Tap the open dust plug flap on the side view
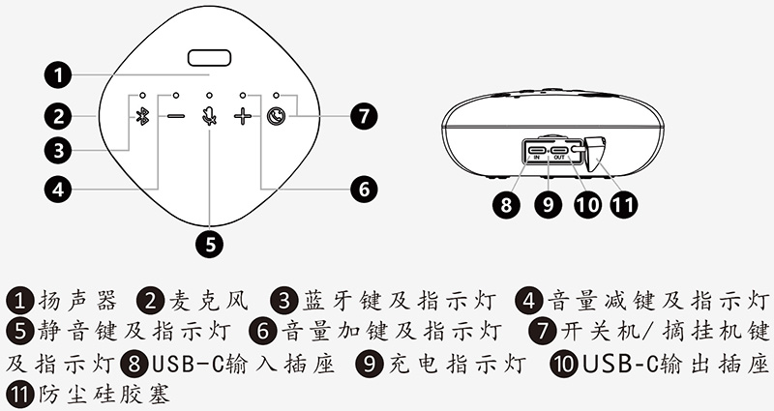point(595,152)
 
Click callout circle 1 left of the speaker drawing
point(60,73)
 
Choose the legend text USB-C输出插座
point(675,364)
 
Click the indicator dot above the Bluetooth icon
point(142,95)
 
